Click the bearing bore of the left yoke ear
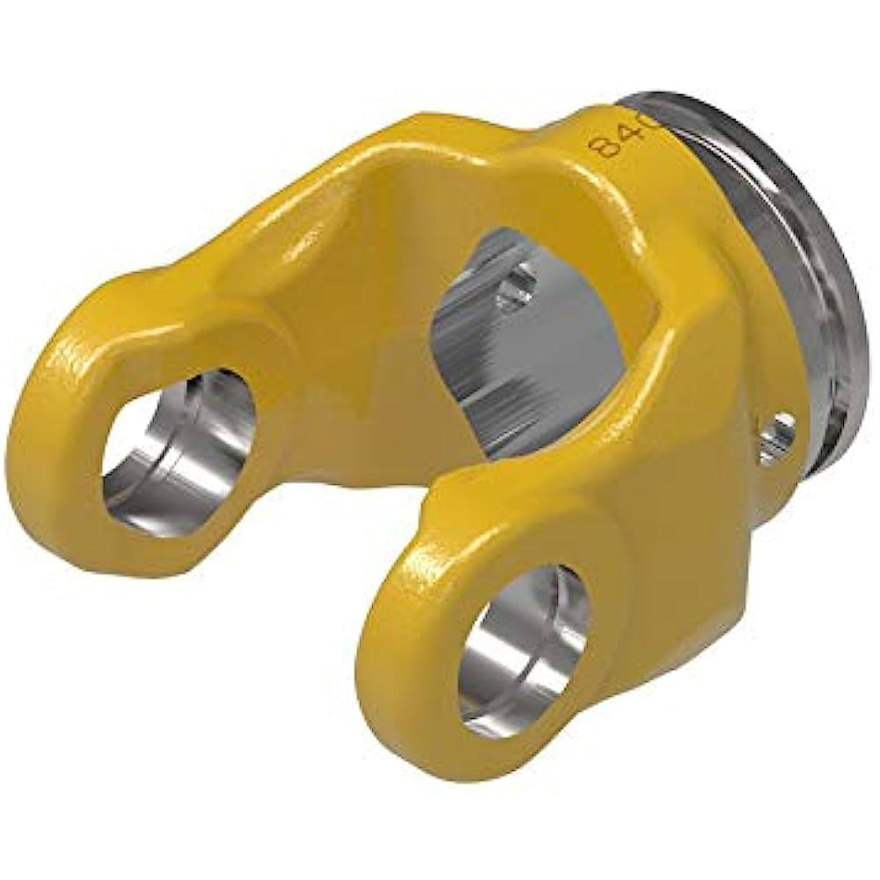click(x=180, y=453)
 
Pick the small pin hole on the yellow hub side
click(x=778, y=436)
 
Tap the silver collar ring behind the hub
click(x=792, y=264)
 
